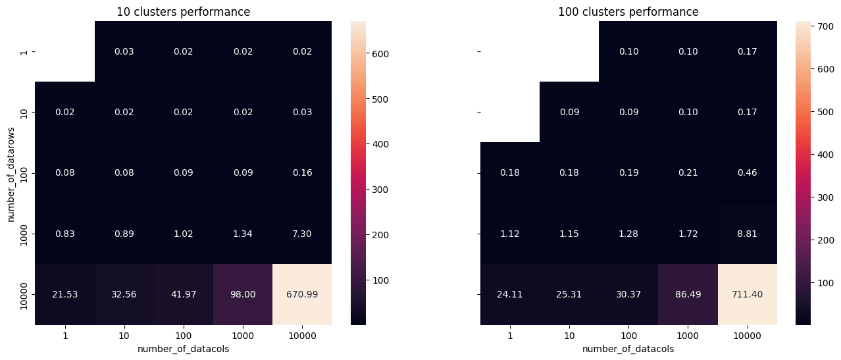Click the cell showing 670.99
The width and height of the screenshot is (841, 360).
click(x=302, y=294)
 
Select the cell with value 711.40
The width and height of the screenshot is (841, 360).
click(x=748, y=294)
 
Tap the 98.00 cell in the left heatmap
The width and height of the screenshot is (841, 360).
click(x=243, y=294)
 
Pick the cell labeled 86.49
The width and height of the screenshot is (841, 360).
click(x=688, y=294)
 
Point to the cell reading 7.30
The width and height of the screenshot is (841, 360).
click(x=302, y=233)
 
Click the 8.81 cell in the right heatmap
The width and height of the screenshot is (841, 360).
click(x=748, y=233)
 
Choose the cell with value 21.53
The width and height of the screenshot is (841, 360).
click(x=64, y=294)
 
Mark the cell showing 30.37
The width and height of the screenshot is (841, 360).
click(x=628, y=294)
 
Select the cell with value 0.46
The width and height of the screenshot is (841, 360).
click(x=748, y=172)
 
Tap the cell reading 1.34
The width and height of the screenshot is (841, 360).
click(x=243, y=233)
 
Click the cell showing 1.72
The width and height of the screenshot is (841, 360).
click(x=688, y=233)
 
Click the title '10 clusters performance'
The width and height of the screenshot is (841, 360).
click(x=183, y=12)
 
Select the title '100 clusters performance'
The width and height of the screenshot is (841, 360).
click(x=628, y=12)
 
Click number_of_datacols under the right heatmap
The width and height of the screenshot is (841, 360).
click(x=628, y=349)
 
